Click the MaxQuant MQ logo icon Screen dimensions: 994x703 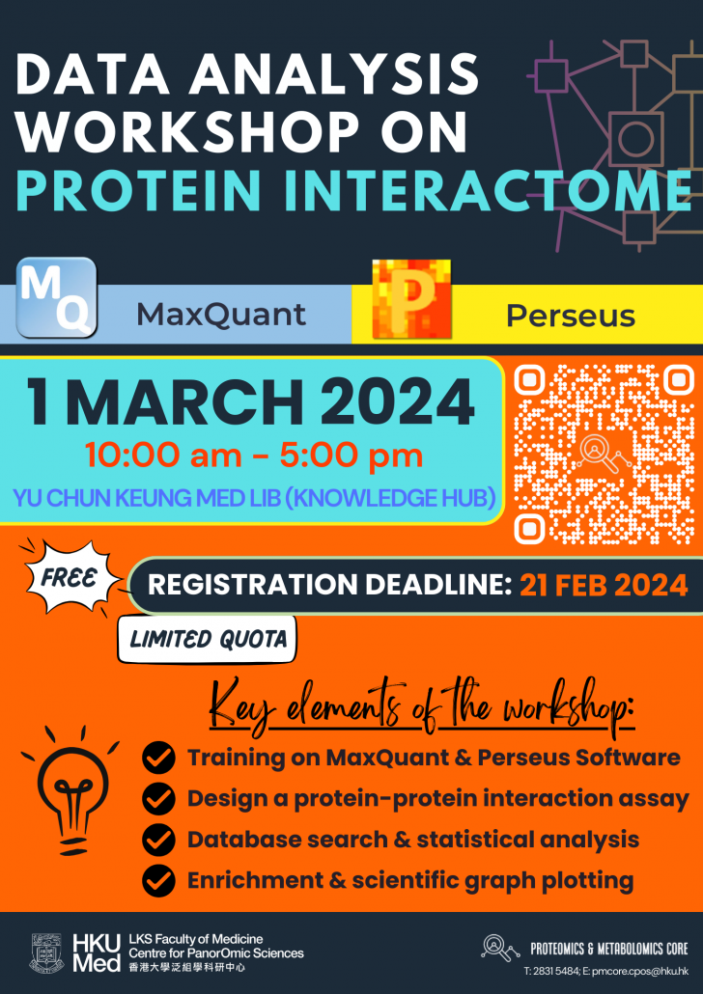point(57,296)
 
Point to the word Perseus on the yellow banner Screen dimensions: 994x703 point(571,316)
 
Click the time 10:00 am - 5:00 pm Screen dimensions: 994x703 point(253,456)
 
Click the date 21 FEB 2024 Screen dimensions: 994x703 point(603,585)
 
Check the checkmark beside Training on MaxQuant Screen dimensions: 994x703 point(158,759)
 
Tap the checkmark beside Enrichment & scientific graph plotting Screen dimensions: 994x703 point(158,880)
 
